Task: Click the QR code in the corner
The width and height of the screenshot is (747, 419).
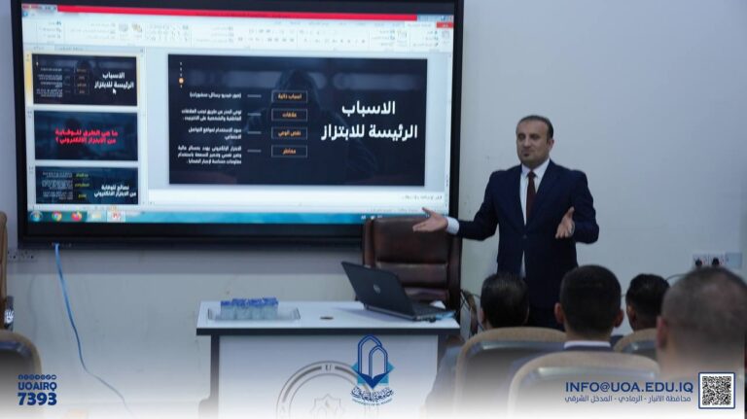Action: [x=717, y=390]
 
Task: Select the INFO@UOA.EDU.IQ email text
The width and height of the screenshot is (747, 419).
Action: [x=629, y=385]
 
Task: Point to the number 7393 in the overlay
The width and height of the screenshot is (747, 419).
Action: [x=37, y=399]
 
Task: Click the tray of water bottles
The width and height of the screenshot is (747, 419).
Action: [x=250, y=309]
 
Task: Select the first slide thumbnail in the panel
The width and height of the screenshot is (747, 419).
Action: [x=86, y=80]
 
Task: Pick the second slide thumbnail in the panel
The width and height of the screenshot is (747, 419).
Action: [x=86, y=135]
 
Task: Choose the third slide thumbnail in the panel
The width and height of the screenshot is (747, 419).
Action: [x=86, y=185]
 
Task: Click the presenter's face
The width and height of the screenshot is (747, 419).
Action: [x=534, y=142]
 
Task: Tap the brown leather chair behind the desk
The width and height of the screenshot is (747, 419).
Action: [x=411, y=255]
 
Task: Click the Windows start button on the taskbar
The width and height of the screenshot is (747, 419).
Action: [x=36, y=216]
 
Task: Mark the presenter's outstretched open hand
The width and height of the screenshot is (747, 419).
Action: [x=428, y=221]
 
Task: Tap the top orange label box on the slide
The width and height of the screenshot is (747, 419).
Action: [x=289, y=97]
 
